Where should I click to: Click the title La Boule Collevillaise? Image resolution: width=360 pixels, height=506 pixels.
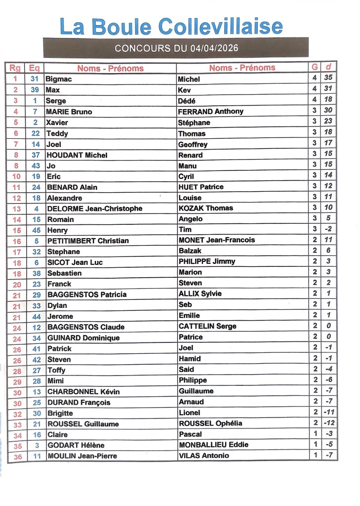(171, 26)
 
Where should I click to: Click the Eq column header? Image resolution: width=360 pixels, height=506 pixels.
(35, 68)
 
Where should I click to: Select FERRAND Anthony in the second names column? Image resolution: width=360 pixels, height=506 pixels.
(210, 111)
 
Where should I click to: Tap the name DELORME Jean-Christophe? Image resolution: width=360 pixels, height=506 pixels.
(94, 209)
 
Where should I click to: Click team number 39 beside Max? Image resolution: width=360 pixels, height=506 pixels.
(35, 90)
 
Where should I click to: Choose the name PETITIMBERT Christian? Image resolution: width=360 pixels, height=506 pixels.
(88, 241)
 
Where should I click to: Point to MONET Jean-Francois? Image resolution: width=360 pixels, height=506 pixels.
(216, 240)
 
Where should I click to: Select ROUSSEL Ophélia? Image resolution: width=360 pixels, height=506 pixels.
(210, 423)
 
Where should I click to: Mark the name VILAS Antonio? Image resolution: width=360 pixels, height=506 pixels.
(203, 456)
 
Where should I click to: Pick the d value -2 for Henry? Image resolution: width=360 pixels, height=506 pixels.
(328, 229)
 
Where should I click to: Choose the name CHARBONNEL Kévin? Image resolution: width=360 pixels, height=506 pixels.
(83, 391)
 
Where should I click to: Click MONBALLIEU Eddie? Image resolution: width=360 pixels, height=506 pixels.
(213, 445)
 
